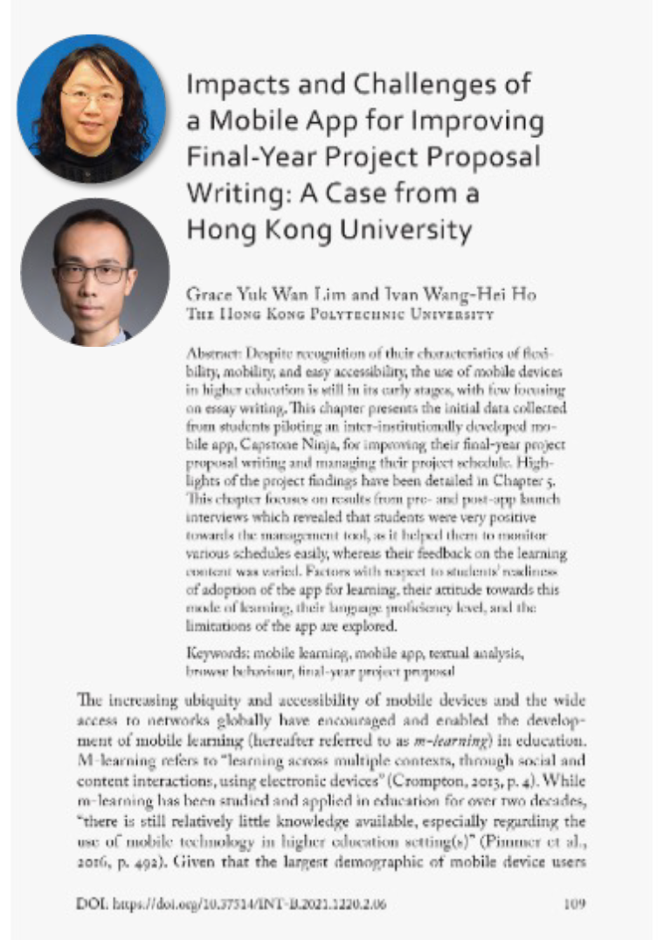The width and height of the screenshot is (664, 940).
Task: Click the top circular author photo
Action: click(92, 108)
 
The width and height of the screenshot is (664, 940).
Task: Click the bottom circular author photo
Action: click(94, 272)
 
